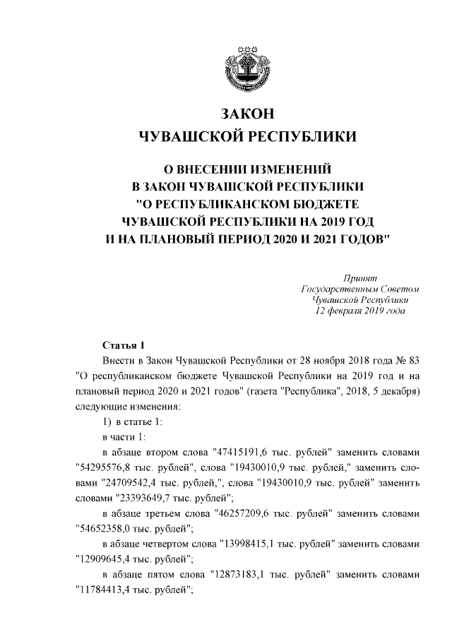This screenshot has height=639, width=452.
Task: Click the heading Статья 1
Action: (124, 345)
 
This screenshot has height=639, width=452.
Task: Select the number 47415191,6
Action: (234, 453)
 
